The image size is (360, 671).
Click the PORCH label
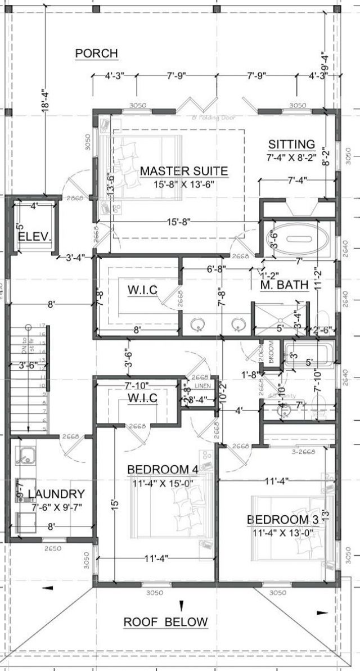pyautogui.click(x=96, y=53)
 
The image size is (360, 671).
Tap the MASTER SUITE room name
pyautogui.click(x=184, y=170)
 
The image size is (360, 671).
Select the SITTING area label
pyautogui.click(x=291, y=144)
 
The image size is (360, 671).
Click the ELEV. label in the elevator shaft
pyautogui.click(x=34, y=236)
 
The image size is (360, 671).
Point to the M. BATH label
pyautogui.click(x=285, y=285)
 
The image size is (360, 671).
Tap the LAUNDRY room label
pyautogui.click(x=56, y=494)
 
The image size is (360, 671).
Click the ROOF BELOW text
pyautogui.click(x=165, y=622)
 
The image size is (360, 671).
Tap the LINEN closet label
pyautogui.click(x=203, y=386)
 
